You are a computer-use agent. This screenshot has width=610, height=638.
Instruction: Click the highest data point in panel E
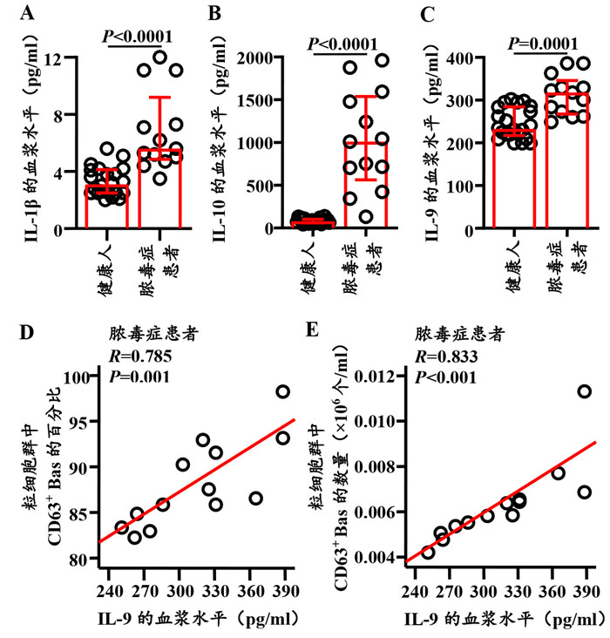coord(584,391)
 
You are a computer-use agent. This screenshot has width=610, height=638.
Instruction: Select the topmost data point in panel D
coord(283,391)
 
